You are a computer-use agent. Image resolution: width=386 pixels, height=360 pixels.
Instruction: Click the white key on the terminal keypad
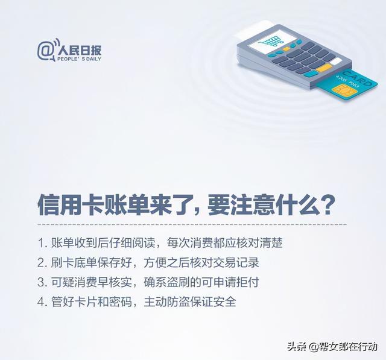335,62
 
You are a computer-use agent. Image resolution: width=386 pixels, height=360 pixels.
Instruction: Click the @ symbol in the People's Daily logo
45,51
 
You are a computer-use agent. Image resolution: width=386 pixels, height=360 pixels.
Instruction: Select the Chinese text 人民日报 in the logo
80,51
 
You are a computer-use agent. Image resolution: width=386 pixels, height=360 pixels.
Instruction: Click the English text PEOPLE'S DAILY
79,59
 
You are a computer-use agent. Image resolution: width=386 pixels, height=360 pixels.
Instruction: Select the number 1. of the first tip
42,243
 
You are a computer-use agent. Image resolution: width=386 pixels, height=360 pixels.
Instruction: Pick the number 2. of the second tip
43,263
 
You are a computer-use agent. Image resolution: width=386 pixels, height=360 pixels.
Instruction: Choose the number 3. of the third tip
43,282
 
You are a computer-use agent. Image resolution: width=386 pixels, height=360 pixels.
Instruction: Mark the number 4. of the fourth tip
43,302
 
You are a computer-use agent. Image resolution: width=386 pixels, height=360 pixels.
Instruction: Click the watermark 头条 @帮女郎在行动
332,347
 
